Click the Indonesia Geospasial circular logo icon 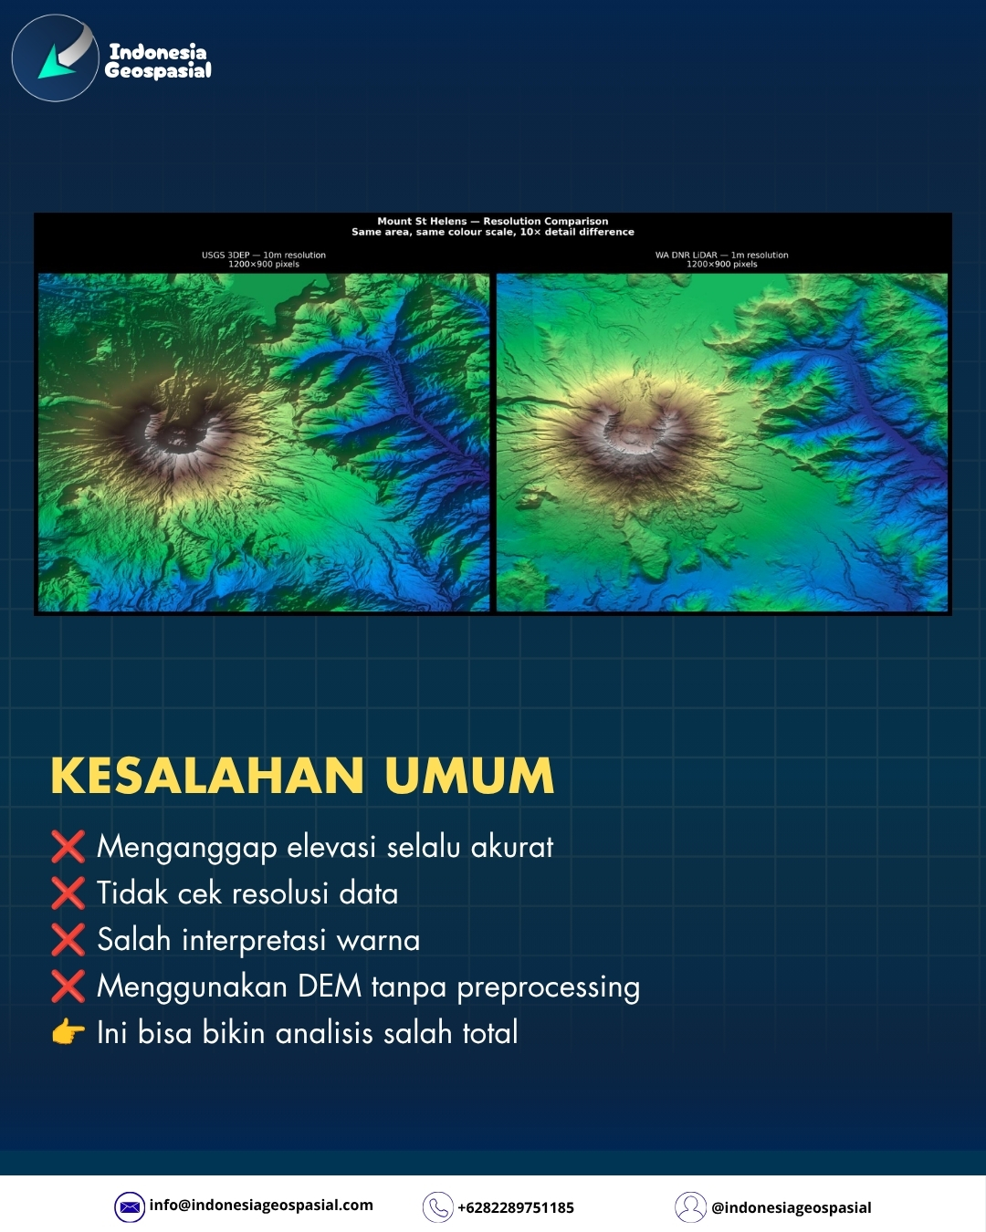[x=55, y=57]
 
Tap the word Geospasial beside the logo [x=158, y=71]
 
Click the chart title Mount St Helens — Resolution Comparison [x=493, y=221]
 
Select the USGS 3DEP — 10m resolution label [x=264, y=255]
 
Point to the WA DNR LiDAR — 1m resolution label [x=722, y=255]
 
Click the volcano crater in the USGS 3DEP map [x=176, y=438]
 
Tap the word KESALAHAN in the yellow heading [x=207, y=776]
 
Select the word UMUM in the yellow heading [x=469, y=776]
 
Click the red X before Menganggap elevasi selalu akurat [x=68, y=847]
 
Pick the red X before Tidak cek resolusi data [x=68, y=893]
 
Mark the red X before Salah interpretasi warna [x=68, y=939]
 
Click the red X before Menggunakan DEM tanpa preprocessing [x=68, y=987]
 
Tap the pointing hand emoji [x=68, y=1032]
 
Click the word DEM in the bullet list [x=330, y=987]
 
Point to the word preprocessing [x=549, y=988]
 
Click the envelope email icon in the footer [x=130, y=1206]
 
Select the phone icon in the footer [x=437, y=1206]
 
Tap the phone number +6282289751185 [x=516, y=1207]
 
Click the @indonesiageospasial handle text [x=792, y=1207]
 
